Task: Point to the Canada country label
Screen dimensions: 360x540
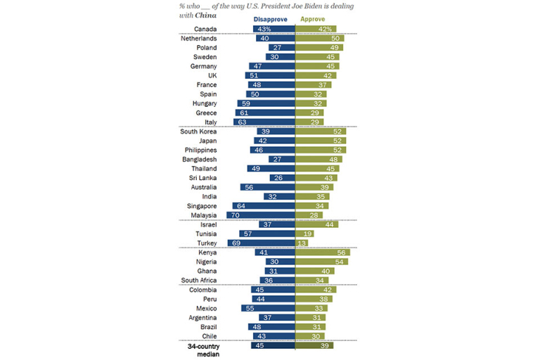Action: [205, 30]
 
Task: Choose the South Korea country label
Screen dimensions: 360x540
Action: [198, 131]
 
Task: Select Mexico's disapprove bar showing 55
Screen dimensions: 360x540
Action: [269, 308]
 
